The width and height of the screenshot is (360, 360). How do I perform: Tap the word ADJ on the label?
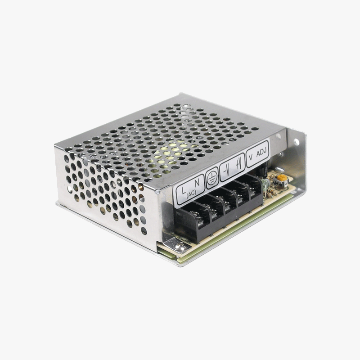(x=261, y=153)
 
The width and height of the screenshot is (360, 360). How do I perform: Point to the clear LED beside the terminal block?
(x=266, y=184)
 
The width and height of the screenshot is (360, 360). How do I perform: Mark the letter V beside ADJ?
(x=250, y=157)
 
